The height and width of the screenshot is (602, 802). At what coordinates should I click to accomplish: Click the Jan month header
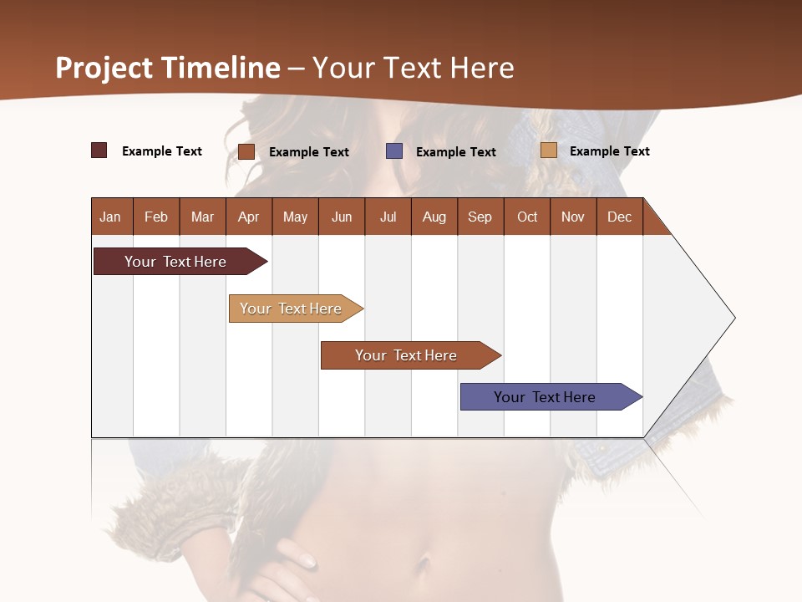111,217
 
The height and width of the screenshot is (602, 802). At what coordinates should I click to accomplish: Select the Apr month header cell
249,217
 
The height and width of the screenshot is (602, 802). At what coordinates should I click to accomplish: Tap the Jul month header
388,217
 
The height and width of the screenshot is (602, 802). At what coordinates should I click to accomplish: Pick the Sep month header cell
480,217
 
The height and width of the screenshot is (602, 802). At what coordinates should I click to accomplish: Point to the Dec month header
619,217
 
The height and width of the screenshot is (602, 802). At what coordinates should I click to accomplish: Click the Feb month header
156,217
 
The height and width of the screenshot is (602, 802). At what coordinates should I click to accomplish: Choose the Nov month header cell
573,217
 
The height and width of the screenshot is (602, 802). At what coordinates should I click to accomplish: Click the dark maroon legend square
99,150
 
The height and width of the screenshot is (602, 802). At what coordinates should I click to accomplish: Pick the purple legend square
394,151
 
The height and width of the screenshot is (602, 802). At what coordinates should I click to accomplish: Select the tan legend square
549,150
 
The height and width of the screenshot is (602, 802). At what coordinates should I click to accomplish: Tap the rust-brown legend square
246,151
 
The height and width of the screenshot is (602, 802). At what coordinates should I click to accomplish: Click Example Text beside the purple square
455,151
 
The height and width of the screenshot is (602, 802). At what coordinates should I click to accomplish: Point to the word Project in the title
103,68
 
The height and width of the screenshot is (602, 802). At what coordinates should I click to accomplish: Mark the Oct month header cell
527,217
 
